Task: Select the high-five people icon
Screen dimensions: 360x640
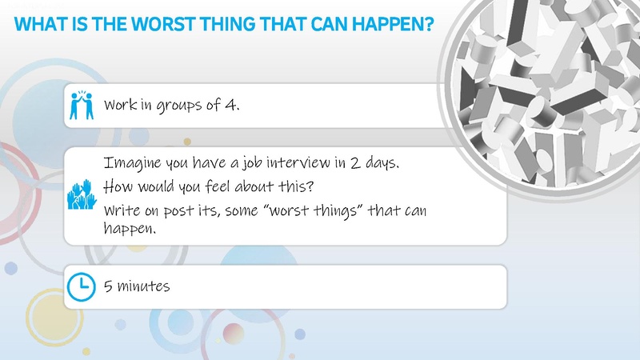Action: point(78,106)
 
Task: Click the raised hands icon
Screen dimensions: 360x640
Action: point(78,195)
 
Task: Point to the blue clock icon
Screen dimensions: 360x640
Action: point(78,286)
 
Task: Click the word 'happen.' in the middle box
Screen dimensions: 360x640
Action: point(127,229)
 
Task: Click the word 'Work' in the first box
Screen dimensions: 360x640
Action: point(120,106)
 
